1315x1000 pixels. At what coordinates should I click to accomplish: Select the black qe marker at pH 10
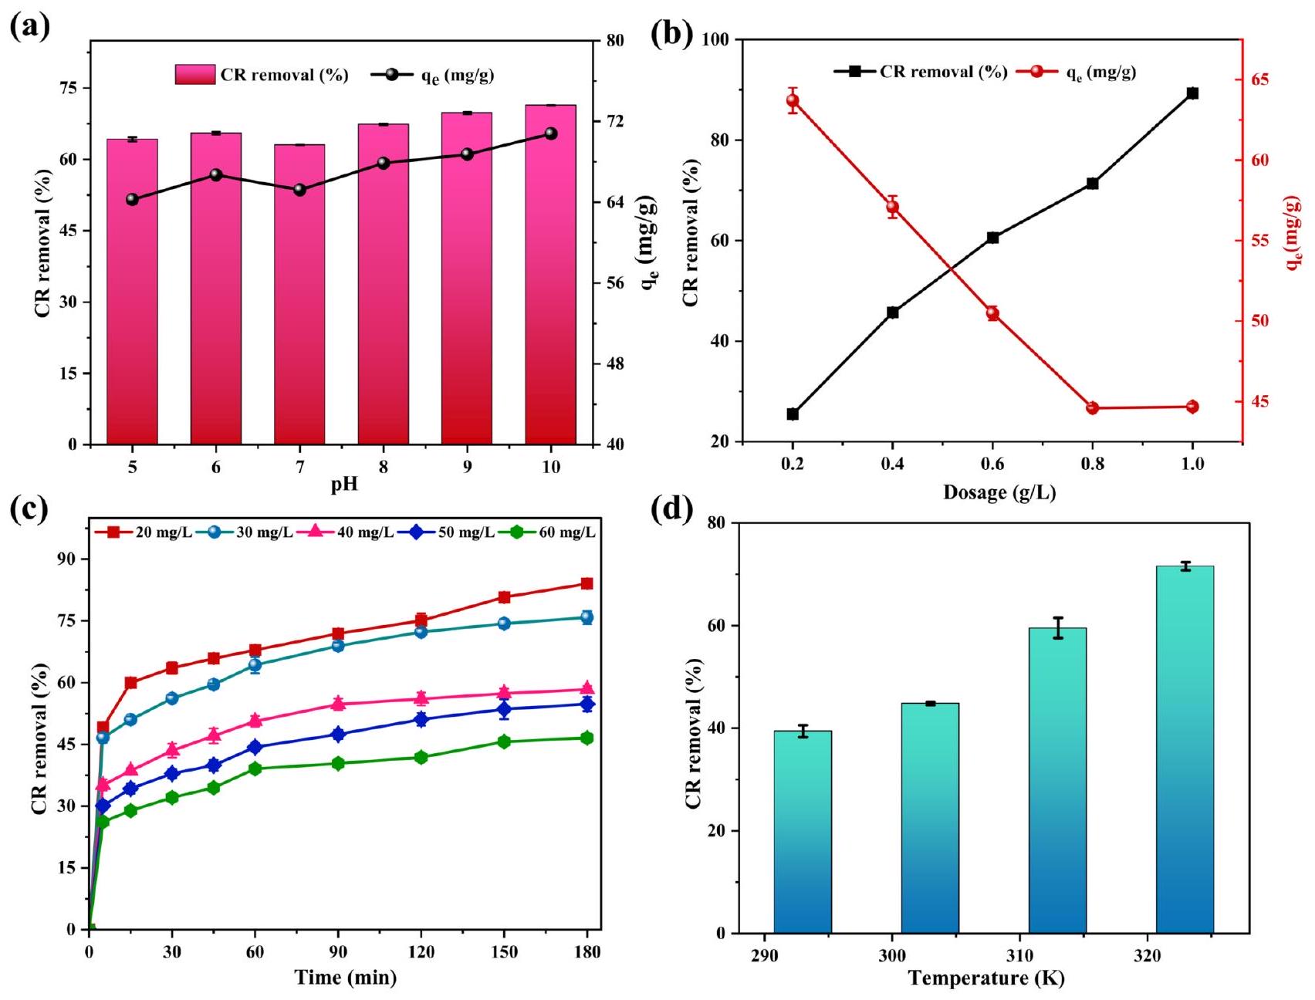coord(550,133)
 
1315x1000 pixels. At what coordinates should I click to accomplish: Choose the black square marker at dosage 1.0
coord(1192,93)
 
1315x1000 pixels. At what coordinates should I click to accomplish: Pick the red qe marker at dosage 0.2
coord(793,100)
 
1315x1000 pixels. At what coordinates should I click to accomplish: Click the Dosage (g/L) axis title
coord(999,492)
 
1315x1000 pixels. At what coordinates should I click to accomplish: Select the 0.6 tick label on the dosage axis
coord(992,464)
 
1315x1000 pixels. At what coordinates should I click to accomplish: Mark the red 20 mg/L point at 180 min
coord(587,583)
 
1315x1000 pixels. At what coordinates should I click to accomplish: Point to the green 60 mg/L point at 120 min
coord(421,757)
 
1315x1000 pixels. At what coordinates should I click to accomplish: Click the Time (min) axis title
coord(345,978)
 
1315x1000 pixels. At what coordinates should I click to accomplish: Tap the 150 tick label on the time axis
coord(504,952)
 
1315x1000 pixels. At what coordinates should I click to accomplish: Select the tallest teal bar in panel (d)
coord(1185,748)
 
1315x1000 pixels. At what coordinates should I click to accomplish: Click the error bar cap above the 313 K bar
coord(1057,618)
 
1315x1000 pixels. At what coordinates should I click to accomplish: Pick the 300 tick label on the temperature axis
coord(892,956)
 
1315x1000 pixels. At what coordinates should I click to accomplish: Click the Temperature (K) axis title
coord(985,978)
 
